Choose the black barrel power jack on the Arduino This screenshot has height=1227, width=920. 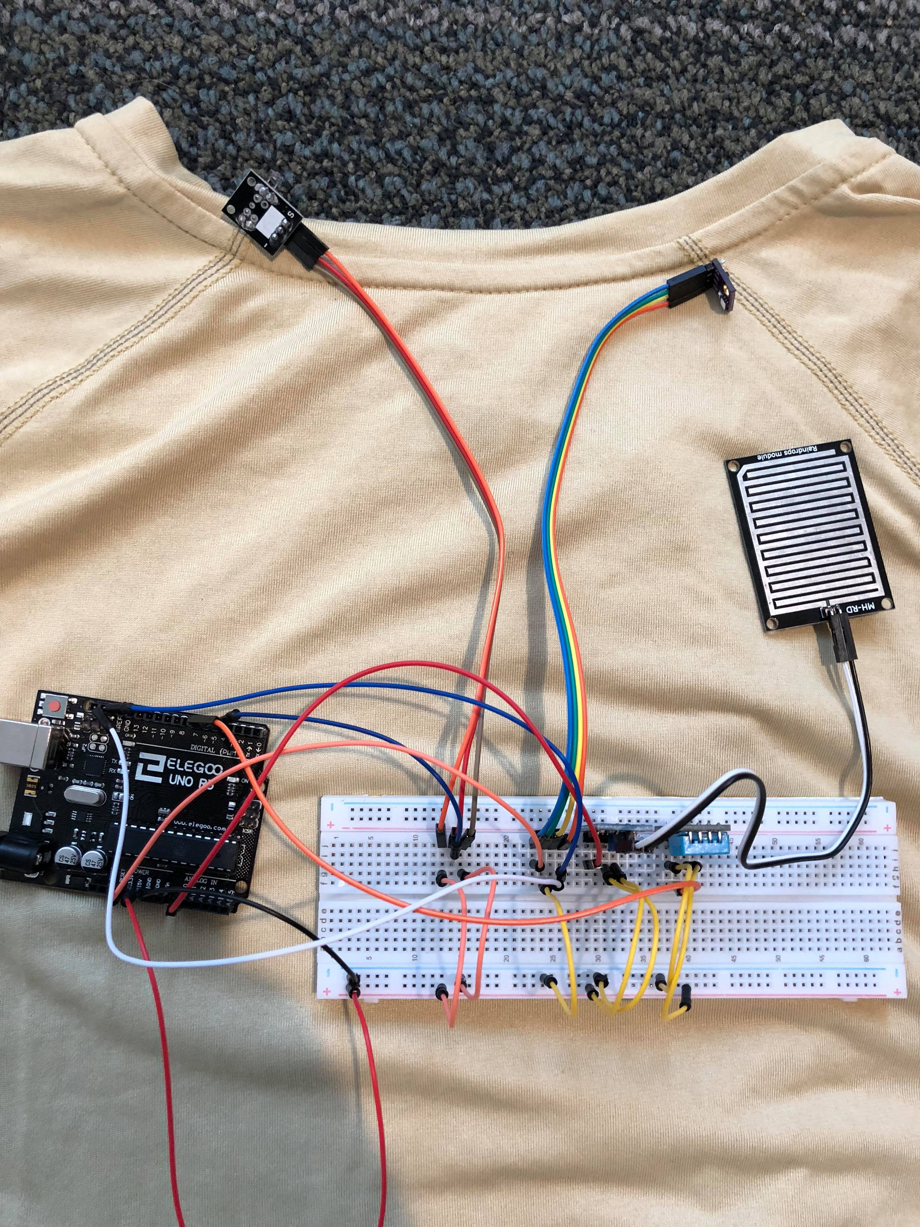pyautogui.click(x=14, y=857)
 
